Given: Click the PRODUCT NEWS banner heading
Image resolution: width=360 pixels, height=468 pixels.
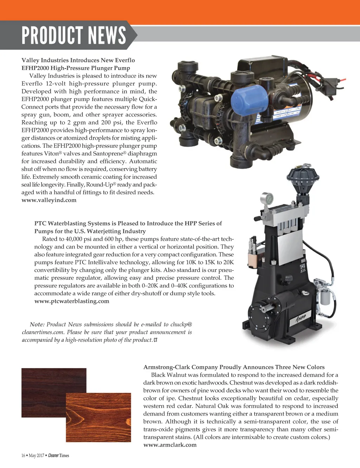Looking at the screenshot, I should click(x=73, y=35).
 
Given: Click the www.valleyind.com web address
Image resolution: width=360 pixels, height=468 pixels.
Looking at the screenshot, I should click(x=49, y=200).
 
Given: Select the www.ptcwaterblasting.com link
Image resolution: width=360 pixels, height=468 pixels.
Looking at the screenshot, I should click(x=72, y=301).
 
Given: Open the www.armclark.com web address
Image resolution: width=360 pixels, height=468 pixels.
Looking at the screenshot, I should click(x=170, y=445).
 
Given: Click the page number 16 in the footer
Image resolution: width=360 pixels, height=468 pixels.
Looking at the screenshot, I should click(x=23, y=456).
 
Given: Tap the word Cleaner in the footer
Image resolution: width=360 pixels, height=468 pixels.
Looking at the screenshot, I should click(x=53, y=456).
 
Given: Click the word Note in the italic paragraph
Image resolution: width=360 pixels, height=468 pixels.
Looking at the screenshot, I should click(x=37, y=324).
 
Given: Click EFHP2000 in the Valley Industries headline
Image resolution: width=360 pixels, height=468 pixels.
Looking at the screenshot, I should click(x=35, y=68).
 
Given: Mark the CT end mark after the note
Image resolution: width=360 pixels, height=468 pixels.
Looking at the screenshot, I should click(x=155, y=340).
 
